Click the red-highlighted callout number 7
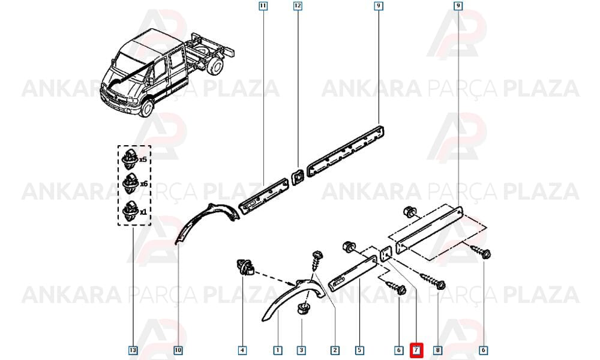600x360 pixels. (x=416, y=350)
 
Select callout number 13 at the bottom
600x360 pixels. (x=133, y=350)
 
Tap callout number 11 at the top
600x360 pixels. (x=263, y=6)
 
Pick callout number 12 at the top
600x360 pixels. (x=298, y=6)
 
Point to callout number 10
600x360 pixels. (x=178, y=350)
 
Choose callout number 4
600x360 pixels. (x=242, y=350)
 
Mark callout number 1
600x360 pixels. (x=278, y=350)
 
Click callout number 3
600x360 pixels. (x=301, y=350)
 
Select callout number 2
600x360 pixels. (x=335, y=350)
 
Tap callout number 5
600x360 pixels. (x=359, y=350)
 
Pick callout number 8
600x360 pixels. (x=438, y=350)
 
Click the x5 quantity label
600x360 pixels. (x=143, y=160)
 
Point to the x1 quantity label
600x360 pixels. (x=143, y=212)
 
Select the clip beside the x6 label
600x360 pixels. (x=130, y=183)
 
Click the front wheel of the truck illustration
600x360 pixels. (x=146, y=107)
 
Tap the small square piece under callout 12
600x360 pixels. (x=298, y=177)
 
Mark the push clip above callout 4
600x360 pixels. (x=245, y=266)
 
